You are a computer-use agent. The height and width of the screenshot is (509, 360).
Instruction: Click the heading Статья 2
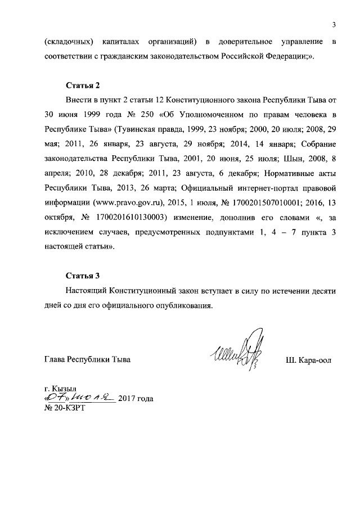[83, 86]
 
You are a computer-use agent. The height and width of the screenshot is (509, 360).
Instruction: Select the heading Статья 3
[83, 276]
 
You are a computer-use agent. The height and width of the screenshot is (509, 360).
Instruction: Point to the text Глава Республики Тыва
[87, 359]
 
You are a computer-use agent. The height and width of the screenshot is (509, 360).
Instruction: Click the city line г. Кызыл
[61, 389]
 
